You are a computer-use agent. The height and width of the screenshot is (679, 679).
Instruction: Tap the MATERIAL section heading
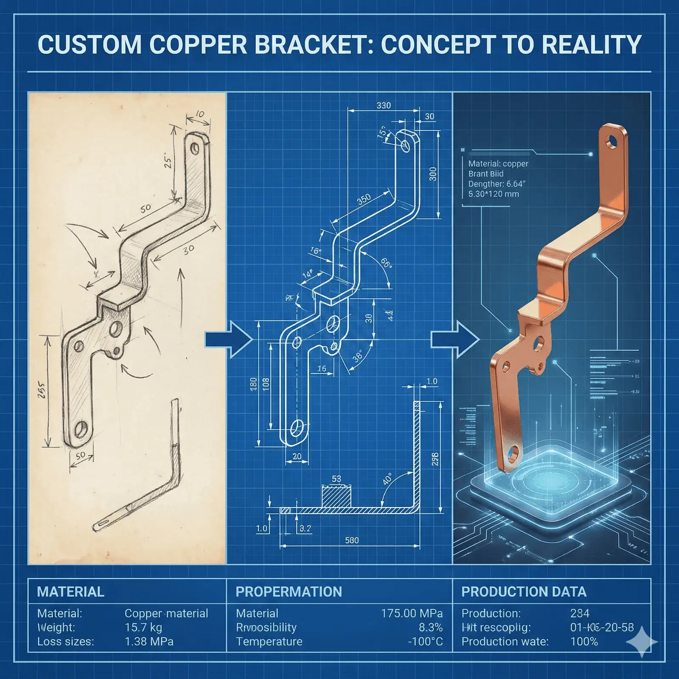[70, 592]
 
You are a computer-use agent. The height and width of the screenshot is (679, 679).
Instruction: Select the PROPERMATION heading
[289, 592]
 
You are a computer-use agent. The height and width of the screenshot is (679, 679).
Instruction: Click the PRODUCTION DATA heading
[524, 592]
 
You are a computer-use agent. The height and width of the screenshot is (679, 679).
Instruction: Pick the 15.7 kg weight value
[143, 627]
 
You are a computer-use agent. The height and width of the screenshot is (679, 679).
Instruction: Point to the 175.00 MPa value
[412, 613]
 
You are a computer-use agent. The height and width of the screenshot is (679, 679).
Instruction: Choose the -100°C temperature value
[425, 641]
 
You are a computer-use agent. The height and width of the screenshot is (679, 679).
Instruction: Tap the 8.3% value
[430, 627]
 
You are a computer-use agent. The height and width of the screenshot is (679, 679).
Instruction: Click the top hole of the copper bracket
[612, 141]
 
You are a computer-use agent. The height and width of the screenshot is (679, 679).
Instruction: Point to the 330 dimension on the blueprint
[384, 105]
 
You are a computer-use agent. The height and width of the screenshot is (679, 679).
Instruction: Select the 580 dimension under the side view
[352, 540]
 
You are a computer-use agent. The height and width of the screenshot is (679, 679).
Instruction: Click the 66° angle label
[385, 263]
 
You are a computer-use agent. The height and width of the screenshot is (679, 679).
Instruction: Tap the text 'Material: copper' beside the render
[498, 163]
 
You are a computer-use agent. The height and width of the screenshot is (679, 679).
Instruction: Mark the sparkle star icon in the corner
[642, 642]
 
